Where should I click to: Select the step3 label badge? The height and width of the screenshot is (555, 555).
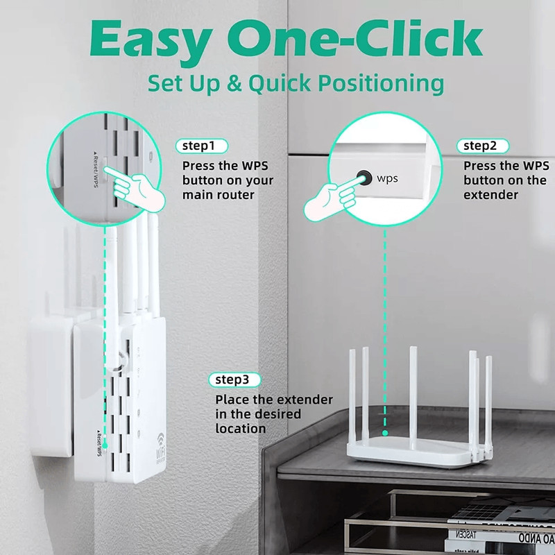point(237,380)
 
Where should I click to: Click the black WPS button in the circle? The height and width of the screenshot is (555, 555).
point(363,178)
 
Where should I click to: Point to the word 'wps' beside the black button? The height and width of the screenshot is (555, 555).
point(388,178)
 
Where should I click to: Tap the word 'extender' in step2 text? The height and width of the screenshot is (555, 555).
point(491,196)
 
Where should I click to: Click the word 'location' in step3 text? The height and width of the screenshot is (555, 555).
point(240,429)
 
